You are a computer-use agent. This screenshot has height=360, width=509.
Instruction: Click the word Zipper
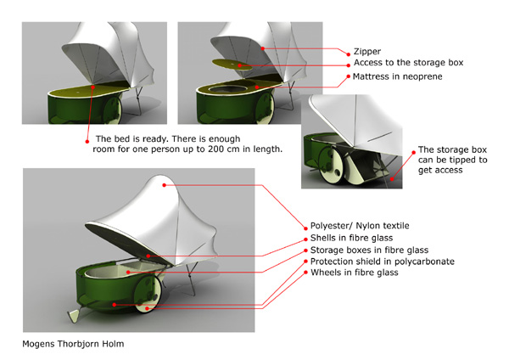click(367, 52)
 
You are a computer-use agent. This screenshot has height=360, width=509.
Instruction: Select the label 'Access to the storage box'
click(408, 62)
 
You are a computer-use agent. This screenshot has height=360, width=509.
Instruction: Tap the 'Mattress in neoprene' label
click(397, 76)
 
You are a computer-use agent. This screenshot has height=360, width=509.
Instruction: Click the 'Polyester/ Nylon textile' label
click(360, 226)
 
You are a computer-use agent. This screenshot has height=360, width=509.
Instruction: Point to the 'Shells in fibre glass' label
click(351, 238)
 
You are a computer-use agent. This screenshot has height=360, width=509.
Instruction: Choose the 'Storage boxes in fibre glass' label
click(369, 250)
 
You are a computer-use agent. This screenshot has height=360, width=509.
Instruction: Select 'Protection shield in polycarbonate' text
click(383, 262)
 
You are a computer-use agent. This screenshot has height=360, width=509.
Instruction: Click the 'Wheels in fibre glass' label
click(354, 273)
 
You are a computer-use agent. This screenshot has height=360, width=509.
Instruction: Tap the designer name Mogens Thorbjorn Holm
click(73, 344)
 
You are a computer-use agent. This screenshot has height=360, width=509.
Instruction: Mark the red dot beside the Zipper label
click(349, 54)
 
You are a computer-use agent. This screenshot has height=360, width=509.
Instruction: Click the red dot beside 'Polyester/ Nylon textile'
click(305, 228)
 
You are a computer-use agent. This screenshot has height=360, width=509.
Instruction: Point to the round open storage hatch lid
click(232, 65)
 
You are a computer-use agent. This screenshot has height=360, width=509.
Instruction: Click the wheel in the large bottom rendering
click(148, 294)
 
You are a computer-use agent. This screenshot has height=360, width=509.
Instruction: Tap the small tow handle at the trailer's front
click(73, 316)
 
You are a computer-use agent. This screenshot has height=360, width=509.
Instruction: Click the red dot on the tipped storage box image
click(392, 179)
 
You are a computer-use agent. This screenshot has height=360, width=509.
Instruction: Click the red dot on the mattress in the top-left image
click(92, 87)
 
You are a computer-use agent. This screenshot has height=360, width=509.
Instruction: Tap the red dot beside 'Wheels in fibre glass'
click(305, 273)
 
